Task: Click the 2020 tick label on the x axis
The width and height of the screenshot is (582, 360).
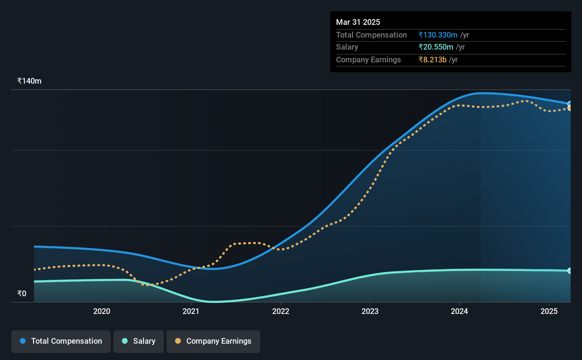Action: coord(102,311)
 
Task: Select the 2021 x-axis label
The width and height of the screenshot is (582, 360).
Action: coord(191,311)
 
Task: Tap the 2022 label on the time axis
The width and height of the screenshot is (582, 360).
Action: coord(281,311)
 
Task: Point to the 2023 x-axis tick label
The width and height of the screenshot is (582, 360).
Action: coord(370,311)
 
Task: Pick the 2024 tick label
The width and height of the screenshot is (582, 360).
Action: coord(459,311)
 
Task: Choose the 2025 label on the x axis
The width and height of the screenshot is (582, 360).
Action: coord(549,311)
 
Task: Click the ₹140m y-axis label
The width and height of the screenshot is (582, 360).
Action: coord(29,81)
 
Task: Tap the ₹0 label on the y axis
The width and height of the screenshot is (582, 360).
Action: coord(22,293)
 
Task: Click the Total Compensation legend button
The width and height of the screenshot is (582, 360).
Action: coord(61,341)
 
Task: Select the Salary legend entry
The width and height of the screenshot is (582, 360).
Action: coord(139,341)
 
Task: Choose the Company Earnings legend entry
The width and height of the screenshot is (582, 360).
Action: coord(213,341)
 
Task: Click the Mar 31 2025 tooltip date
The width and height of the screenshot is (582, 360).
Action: coord(358,22)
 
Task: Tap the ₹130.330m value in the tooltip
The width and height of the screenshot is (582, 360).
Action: coord(438,35)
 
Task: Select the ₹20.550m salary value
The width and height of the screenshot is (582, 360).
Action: coord(436,47)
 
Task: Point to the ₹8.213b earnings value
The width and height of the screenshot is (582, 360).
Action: coord(433,60)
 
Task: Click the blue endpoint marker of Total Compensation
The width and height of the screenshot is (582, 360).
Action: coord(570,104)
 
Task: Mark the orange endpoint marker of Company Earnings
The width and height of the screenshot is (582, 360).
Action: coord(570,108)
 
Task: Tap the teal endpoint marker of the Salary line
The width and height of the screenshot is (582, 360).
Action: coord(570,271)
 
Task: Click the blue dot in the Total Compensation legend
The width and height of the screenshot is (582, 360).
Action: coord(23,341)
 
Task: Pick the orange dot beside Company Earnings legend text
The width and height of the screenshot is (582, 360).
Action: coord(178,341)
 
